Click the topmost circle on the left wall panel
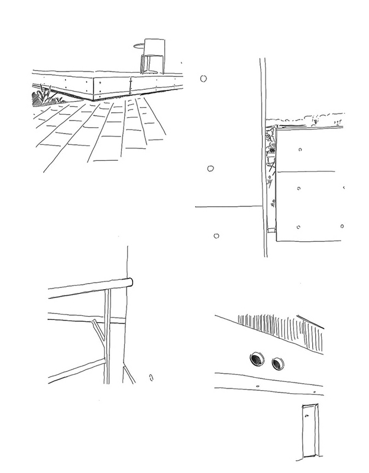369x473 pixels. coord(205,79)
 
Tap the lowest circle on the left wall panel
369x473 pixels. coord(216,236)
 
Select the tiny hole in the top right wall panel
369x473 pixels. coord(300,150)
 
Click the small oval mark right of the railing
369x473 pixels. coord(151,375)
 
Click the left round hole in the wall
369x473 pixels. coord(258,358)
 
